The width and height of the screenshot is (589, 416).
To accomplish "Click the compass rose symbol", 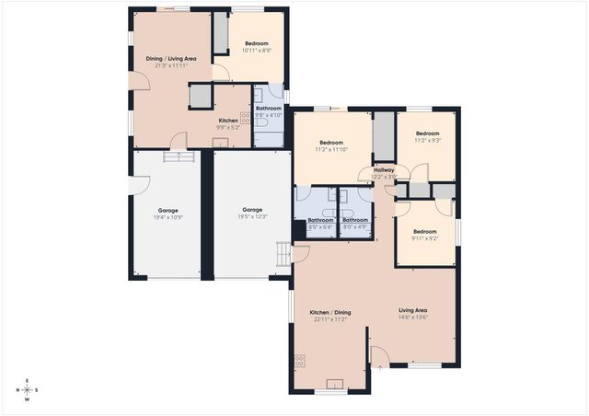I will click(27, 390).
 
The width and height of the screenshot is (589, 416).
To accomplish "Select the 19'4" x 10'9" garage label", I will click(167, 214).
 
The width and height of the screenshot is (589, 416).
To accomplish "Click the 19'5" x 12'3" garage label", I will click(253, 213).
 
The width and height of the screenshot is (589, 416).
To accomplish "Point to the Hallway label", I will click(383, 172).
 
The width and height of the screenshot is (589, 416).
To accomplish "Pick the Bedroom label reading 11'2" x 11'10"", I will click(331, 146).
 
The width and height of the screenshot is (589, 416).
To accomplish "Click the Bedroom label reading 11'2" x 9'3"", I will click(428, 136).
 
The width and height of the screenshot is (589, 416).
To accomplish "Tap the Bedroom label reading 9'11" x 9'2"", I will click(424, 235).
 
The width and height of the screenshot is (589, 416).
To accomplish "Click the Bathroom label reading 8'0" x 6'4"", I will click(320, 224).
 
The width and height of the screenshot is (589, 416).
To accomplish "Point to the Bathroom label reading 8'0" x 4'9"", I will click(355, 224).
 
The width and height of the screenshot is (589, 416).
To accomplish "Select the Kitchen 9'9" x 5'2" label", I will click(228, 124).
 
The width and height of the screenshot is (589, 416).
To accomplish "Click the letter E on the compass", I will click(27, 381).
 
